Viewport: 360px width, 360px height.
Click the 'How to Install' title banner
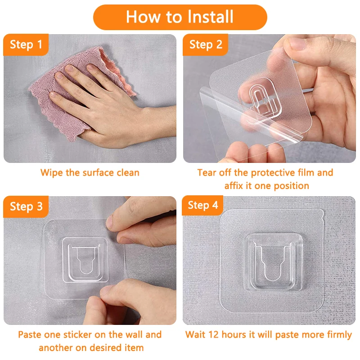point(180,17)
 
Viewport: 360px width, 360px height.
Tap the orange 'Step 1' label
point(26,45)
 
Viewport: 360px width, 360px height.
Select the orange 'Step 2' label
point(206,45)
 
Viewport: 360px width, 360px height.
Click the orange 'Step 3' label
point(26,207)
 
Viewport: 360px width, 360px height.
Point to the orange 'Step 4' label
point(202,206)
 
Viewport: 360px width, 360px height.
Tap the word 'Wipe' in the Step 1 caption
point(51,173)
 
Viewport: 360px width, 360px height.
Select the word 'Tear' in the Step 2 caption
point(207,173)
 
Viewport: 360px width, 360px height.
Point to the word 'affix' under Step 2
point(234,186)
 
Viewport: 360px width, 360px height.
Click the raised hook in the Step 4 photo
point(273,262)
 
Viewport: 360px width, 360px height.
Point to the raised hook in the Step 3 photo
point(85,260)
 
